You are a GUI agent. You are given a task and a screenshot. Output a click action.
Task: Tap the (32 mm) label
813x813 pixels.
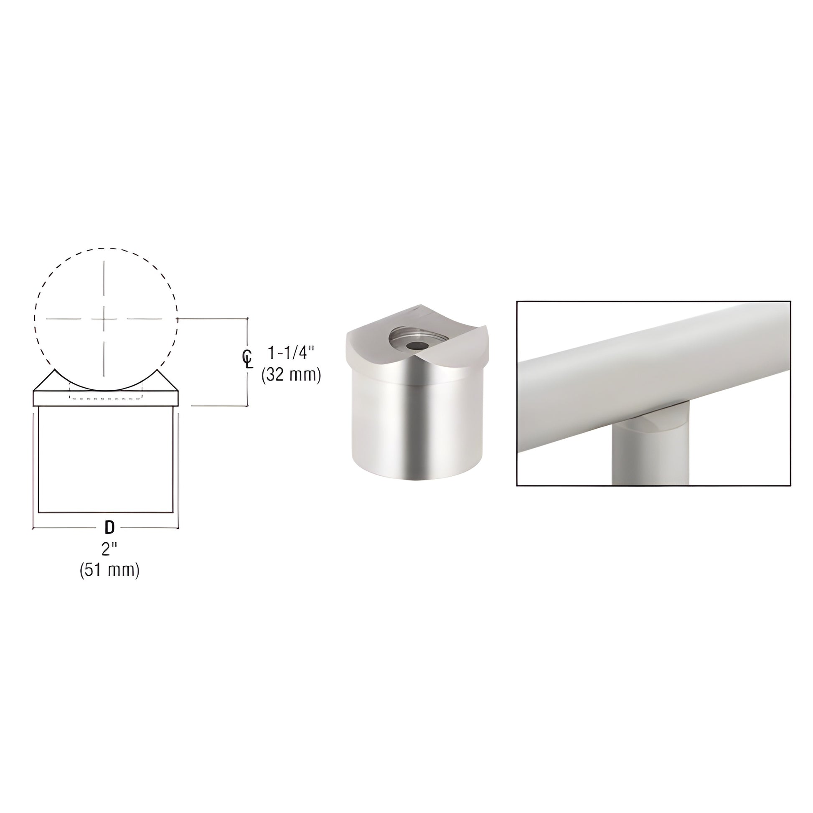click(x=291, y=374)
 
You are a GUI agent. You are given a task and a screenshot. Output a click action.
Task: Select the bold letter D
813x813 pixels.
click(x=109, y=527)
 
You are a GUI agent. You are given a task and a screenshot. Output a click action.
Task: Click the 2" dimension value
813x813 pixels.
click(x=109, y=549)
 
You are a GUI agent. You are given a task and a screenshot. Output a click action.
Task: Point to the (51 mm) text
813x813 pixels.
click(x=109, y=570)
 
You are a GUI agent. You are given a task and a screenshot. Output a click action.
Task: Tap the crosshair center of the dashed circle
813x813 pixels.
click(x=104, y=318)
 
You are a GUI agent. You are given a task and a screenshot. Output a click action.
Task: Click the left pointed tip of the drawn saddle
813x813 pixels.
click(x=54, y=370)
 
